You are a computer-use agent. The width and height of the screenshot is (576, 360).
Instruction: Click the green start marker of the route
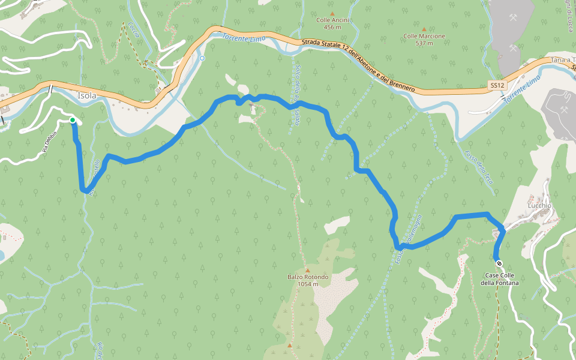click(x=73, y=120)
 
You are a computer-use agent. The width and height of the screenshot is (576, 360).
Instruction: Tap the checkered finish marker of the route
click(x=499, y=262)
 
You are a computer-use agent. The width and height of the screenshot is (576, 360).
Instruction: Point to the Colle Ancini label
click(x=332, y=20)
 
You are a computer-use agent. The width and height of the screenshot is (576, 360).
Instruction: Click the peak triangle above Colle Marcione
click(x=424, y=28)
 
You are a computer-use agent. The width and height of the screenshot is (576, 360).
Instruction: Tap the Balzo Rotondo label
click(x=307, y=277)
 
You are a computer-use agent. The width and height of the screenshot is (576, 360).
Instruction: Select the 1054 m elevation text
click(x=307, y=284)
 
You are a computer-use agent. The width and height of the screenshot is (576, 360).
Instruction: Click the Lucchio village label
click(x=539, y=205)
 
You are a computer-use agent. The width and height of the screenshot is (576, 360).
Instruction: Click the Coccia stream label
click(x=133, y=31)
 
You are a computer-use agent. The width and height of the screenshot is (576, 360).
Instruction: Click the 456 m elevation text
click(x=332, y=27)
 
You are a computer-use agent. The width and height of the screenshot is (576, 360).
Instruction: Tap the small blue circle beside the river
click(x=202, y=58)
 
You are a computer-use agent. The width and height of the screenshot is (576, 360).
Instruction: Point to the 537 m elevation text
click(x=424, y=43)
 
